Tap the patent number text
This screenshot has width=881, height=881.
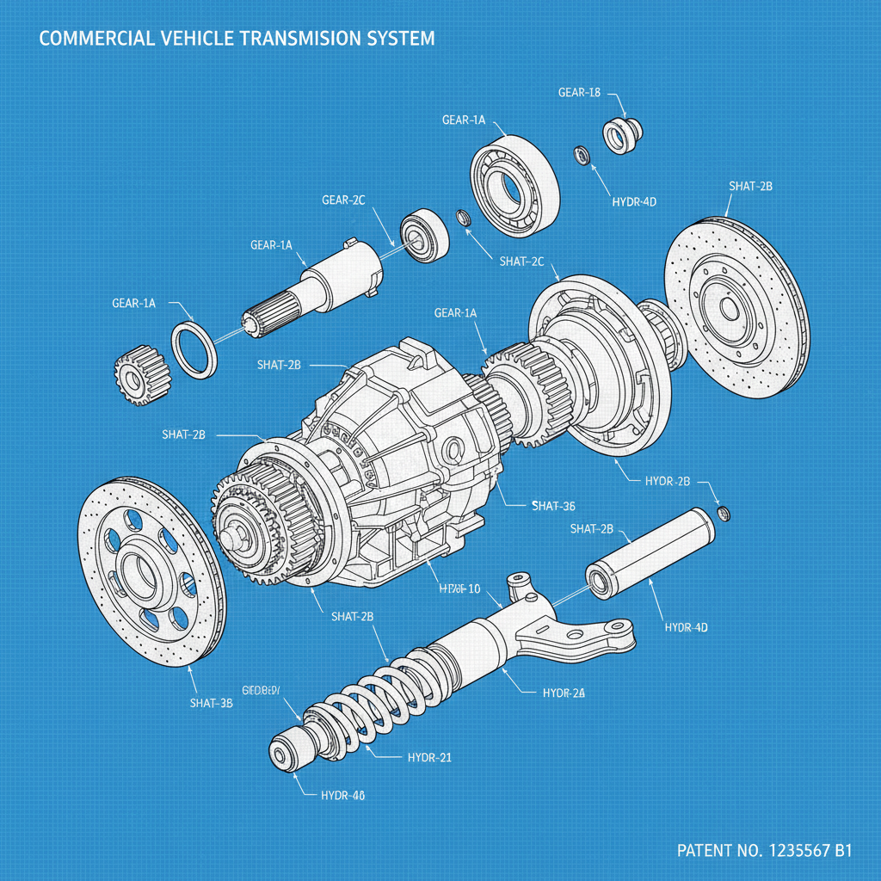point(764,851)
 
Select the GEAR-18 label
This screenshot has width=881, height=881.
point(578,93)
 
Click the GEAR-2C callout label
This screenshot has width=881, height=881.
point(343,200)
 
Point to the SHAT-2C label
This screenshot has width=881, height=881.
point(521,261)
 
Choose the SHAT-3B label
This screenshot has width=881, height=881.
point(211,703)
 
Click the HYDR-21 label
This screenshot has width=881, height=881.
point(429,757)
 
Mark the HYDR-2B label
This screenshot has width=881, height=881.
point(668,481)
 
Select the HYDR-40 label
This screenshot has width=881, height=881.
point(342,796)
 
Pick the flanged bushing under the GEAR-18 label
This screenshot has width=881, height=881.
point(620,134)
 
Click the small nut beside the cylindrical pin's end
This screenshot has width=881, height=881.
point(724,514)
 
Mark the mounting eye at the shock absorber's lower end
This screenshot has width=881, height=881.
point(282,756)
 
